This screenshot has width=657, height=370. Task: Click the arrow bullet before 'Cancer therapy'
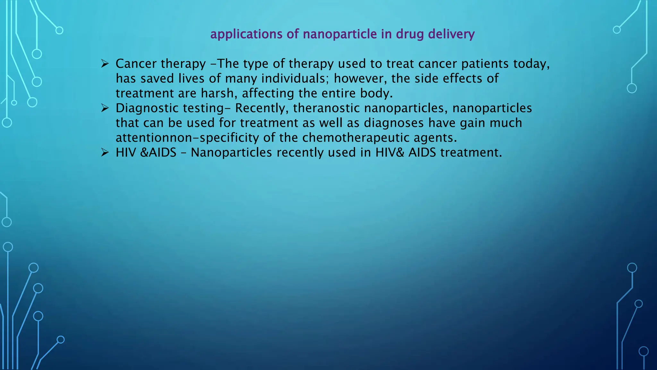click(105, 64)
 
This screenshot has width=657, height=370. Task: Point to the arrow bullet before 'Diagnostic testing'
click(105, 108)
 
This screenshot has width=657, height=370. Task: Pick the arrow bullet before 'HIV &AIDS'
click(105, 153)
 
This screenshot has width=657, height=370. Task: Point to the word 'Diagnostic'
click(147, 108)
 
